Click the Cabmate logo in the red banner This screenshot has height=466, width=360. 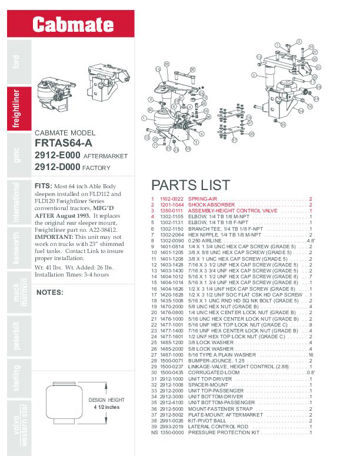[72, 25]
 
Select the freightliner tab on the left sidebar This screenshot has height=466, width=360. [16, 107]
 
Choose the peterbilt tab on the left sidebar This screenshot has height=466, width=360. [16, 337]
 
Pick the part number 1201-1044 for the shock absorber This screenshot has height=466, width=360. [172, 205]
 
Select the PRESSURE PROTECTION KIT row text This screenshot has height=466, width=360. [224, 432]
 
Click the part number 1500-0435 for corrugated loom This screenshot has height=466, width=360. [172, 372]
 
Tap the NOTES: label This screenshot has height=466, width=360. [50, 292]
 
